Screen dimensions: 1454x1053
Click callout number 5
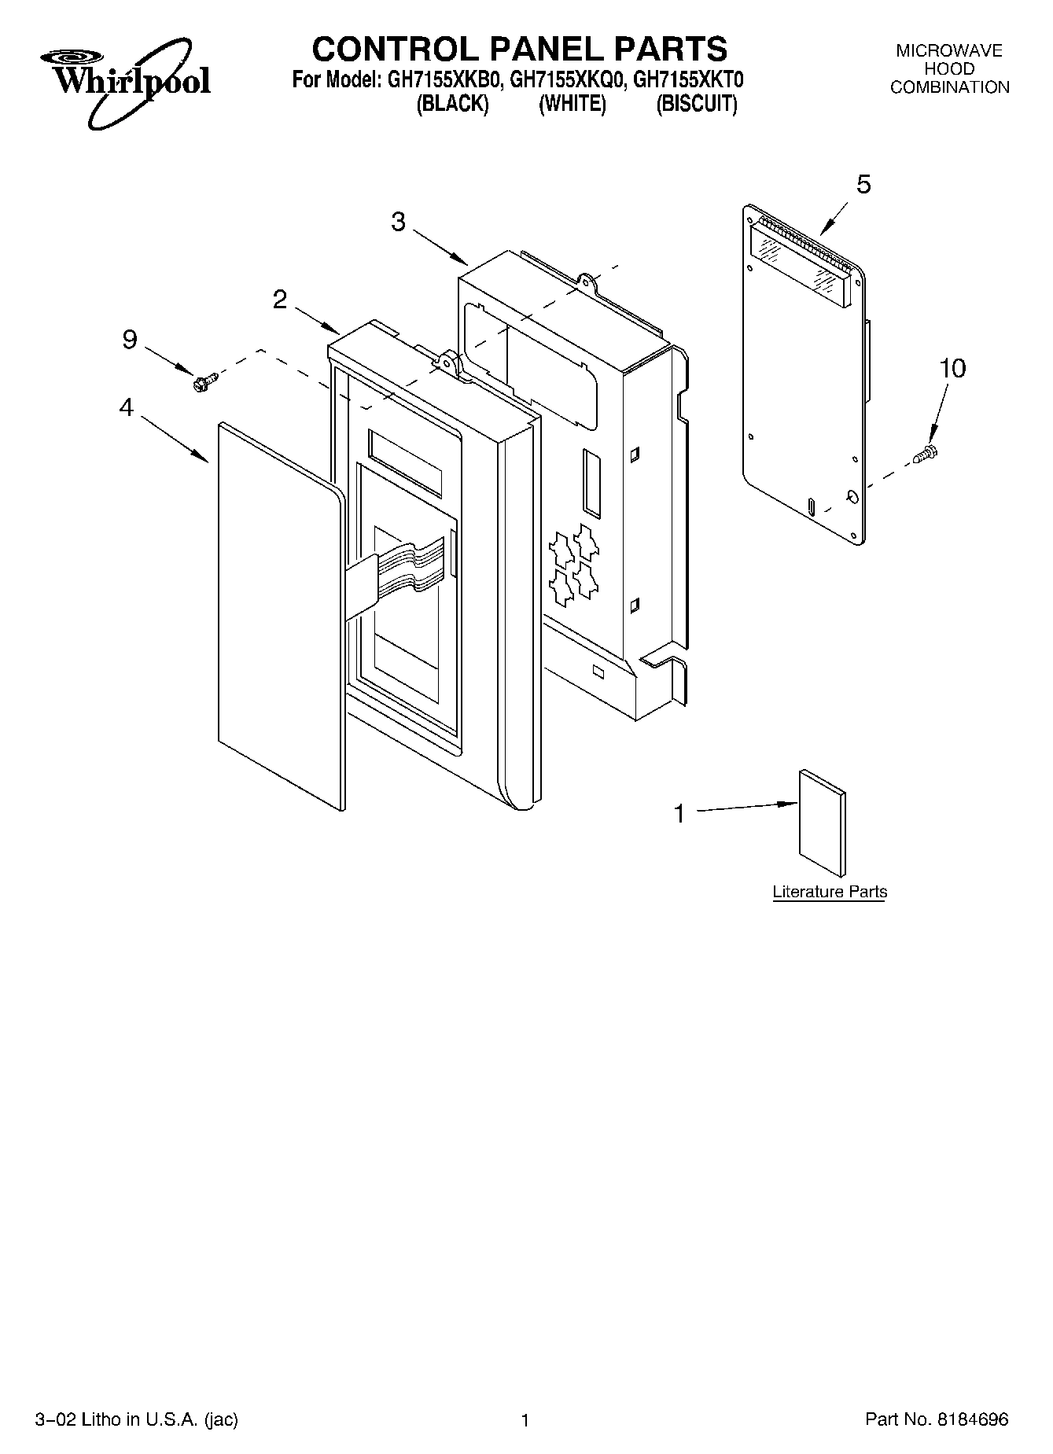863,185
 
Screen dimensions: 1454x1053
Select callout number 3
398,223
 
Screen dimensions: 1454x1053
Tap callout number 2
280,299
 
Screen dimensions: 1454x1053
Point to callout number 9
130,340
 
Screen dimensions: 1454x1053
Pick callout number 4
126,408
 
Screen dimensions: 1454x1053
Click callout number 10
952,368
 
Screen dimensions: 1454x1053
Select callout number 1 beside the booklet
680,813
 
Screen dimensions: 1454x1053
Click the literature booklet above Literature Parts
823,823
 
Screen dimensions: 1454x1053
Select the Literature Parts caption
829,892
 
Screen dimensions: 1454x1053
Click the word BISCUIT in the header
696,105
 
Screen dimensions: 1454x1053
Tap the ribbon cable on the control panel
409,567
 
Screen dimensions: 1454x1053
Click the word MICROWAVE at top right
949,51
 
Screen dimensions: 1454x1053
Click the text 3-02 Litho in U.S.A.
136,1420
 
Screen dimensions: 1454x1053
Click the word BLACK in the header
452,105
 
